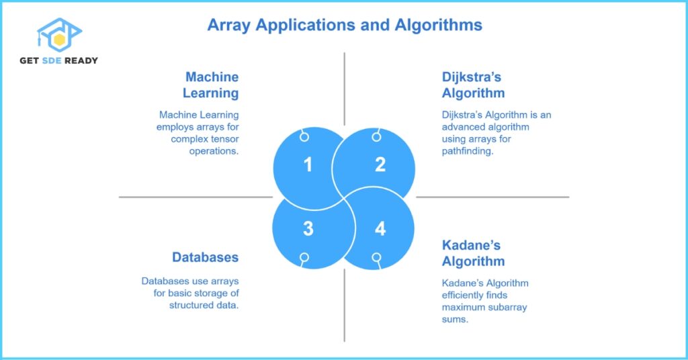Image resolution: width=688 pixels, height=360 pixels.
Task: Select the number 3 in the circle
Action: pyautogui.click(x=308, y=229)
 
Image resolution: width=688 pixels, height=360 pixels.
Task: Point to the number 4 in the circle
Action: pyautogui.click(x=380, y=229)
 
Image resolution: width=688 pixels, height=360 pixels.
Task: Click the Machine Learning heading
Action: pyautogui.click(x=211, y=85)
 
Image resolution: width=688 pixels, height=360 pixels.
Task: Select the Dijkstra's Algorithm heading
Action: pyautogui.click(x=473, y=85)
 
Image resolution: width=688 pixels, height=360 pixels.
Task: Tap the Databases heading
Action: pyautogui.click(x=205, y=257)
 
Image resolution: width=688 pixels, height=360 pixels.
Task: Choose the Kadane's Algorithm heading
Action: pyautogui.click(x=473, y=253)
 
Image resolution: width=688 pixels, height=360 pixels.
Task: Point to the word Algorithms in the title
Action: pyautogui.click(x=441, y=26)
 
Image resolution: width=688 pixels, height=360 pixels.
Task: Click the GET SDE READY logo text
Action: pyautogui.click(x=58, y=60)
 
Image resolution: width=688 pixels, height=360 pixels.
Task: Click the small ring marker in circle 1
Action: pyautogui.click(x=304, y=137)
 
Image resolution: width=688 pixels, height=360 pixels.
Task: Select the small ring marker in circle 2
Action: pyautogui.click(x=376, y=137)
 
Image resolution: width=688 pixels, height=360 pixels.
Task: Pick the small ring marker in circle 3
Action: pyautogui.click(x=304, y=257)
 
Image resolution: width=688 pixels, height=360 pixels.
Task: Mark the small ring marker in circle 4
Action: pyautogui.click(x=376, y=257)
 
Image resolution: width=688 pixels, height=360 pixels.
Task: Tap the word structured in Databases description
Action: pyautogui.click(x=191, y=305)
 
